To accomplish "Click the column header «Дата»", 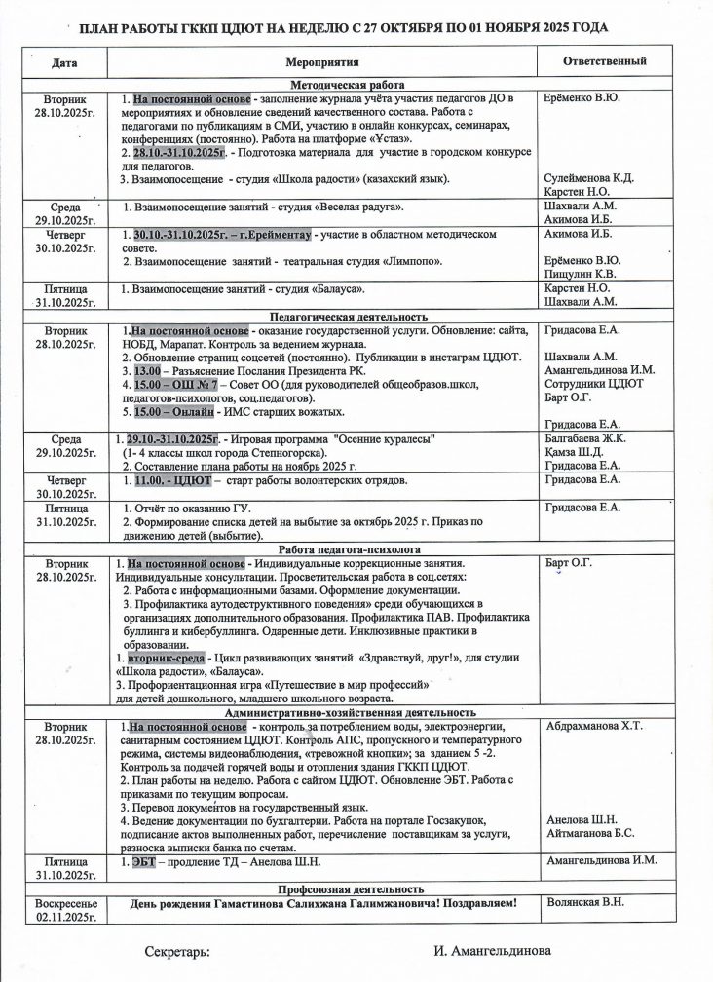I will pyautogui.click(x=66, y=62).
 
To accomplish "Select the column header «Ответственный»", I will pyautogui.click(x=605, y=61).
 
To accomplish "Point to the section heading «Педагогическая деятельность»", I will pyautogui.click(x=348, y=317).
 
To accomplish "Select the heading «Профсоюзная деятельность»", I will pyautogui.click(x=350, y=889).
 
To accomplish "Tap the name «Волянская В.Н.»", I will pyautogui.click(x=586, y=903).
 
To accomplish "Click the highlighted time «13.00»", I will pyautogui.click(x=147, y=371).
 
